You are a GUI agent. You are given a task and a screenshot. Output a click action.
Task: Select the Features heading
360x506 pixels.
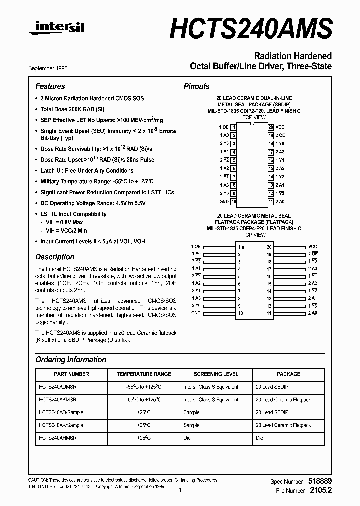pyautogui.click(x=50, y=86)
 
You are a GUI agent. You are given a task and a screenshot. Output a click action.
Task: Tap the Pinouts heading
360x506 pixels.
pyautogui.click(x=197, y=86)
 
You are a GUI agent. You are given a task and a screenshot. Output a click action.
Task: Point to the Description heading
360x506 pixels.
pyautogui.click(x=55, y=257)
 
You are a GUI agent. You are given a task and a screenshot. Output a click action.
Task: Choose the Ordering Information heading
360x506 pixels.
pyautogui.click(x=71, y=360)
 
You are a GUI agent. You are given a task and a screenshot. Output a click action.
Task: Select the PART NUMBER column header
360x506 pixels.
pyautogui.click(x=71, y=374)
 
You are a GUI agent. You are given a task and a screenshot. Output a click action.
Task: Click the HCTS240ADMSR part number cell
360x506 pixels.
pyautogui.click(x=58, y=387)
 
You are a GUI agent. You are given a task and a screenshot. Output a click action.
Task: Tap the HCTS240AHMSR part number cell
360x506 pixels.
pyautogui.click(x=58, y=437)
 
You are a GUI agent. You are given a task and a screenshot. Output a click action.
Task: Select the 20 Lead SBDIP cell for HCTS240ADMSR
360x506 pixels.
pyautogui.click(x=272, y=387)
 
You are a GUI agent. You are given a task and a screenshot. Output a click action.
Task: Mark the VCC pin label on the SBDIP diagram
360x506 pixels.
pyautogui.click(x=280, y=127)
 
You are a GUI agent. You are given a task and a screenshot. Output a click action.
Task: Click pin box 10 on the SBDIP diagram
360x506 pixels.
pyautogui.click(x=233, y=202)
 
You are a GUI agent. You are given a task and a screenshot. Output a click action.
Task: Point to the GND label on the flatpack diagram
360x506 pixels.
pyautogui.click(x=196, y=313)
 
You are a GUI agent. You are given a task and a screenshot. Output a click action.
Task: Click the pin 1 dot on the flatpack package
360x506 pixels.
pyautogui.click(x=243, y=247)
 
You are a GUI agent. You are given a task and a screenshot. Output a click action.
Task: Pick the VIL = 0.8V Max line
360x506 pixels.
pyautogui.click(x=64, y=222)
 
